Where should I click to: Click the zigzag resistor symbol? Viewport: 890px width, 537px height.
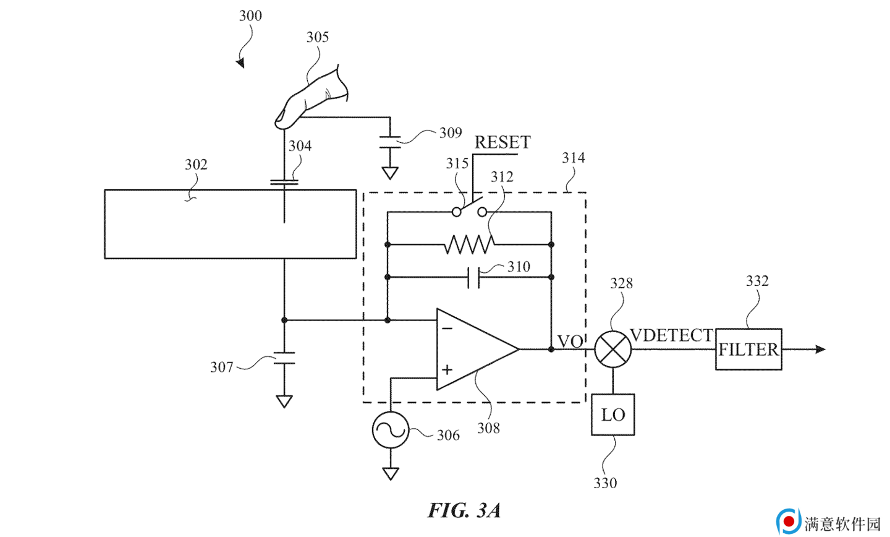tap(469, 244)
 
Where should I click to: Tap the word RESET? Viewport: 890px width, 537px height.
tap(502, 142)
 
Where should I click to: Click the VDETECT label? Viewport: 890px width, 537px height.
tap(672, 335)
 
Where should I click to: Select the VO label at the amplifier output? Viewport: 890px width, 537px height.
tap(570, 342)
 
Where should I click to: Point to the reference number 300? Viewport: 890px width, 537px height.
tap(250, 15)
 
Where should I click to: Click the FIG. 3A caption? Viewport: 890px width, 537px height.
tap(464, 510)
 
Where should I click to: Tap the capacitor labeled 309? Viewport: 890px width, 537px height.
tap(390, 142)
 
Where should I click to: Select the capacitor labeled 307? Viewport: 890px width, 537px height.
tap(284, 358)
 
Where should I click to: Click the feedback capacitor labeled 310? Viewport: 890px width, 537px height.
tap(473, 277)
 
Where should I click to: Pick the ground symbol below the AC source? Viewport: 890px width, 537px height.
tap(390, 473)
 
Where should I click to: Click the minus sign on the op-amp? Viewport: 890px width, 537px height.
tap(447, 328)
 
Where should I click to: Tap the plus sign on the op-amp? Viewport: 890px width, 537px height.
tap(447, 369)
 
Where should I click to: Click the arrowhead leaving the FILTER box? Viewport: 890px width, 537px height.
tap(820, 350)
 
